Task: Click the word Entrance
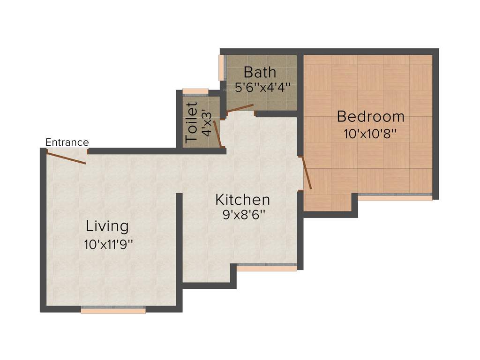[x=67, y=142]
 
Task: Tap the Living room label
[x=107, y=226]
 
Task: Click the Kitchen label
[x=242, y=200]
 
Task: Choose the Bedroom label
[x=370, y=116]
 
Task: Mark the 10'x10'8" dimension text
[x=370, y=134]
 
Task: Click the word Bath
[x=260, y=73]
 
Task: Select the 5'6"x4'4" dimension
[x=262, y=87]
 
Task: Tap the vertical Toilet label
[x=191, y=122]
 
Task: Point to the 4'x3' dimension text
[x=207, y=123]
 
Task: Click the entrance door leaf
[x=67, y=157]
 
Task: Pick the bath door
[x=240, y=108]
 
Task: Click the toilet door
[x=217, y=134]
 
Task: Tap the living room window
[x=113, y=310]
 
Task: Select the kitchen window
[x=266, y=268]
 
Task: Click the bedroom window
[x=395, y=197]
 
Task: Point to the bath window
[x=222, y=67]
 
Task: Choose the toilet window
[x=195, y=92]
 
